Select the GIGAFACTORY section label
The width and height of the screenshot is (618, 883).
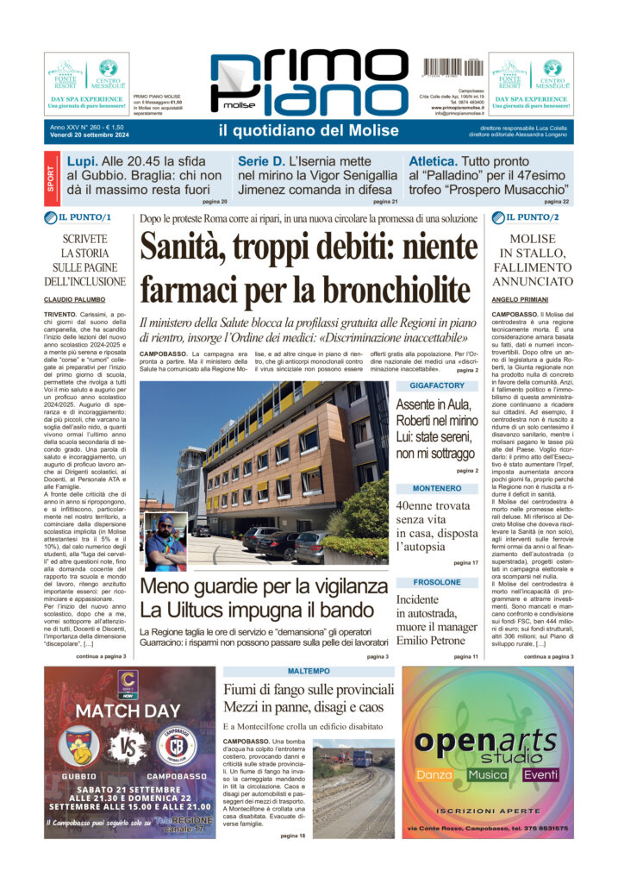[437, 385]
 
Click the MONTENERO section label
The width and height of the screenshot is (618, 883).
[436, 487]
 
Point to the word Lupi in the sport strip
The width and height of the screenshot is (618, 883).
[83, 160]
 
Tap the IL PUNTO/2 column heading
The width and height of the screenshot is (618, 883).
[532, 217]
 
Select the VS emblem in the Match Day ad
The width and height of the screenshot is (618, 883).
[128, 747]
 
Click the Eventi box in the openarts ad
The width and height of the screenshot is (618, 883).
[540, 774]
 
